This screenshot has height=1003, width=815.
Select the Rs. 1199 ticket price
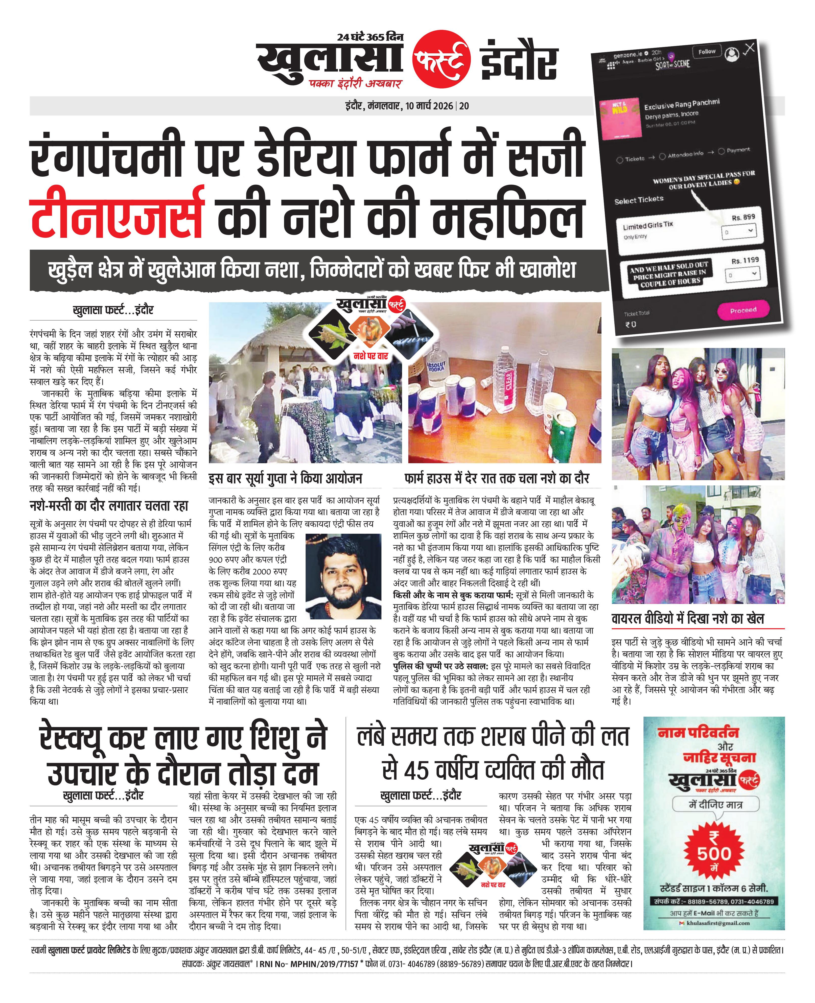(744, 261)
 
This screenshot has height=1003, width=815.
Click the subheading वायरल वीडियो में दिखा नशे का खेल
(687, 619)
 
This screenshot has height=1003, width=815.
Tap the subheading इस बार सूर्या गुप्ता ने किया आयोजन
(285, 479)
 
